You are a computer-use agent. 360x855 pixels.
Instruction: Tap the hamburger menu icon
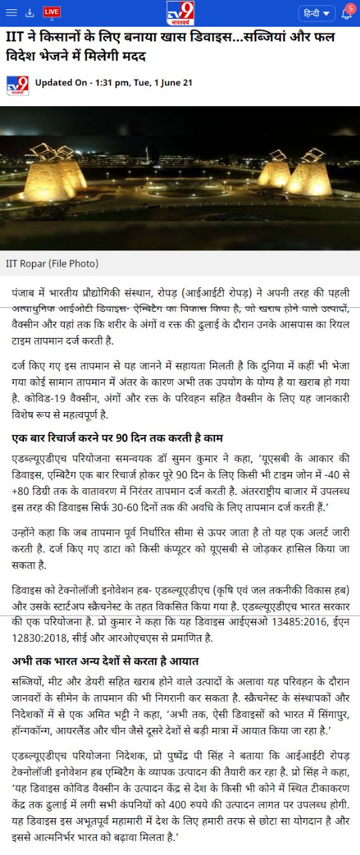click(11, 12)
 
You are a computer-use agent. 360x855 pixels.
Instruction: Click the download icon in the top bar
click(29, 12)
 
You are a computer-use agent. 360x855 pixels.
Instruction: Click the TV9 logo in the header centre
click(180, 12)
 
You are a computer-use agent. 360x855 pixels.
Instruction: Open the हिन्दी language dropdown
click(317, 13)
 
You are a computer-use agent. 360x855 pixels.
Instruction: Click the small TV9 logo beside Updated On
click(17, 85)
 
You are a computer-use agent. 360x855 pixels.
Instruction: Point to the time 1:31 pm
click(108, 83)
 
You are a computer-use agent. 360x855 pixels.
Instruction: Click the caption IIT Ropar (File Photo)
click(52, 263)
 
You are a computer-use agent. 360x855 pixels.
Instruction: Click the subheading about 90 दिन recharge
click(118, 438)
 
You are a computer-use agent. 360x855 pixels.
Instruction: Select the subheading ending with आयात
click(106, 661)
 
